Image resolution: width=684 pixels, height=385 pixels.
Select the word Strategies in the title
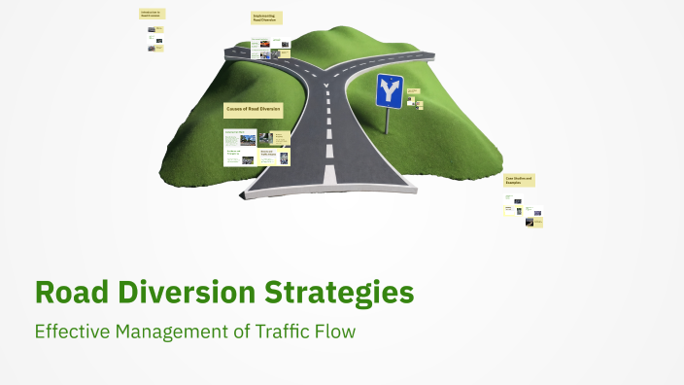coord(334,293)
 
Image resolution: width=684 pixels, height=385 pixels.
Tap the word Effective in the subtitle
coord(73,332)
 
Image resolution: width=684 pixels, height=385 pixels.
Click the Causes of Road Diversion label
coord(253,110)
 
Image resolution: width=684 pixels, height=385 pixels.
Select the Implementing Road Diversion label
coord(265,17)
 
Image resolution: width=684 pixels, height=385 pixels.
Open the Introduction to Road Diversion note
coord(152,14)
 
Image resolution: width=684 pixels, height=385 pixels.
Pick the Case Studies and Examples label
coord(519,181)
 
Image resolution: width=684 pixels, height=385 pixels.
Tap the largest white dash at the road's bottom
coord(328,175)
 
